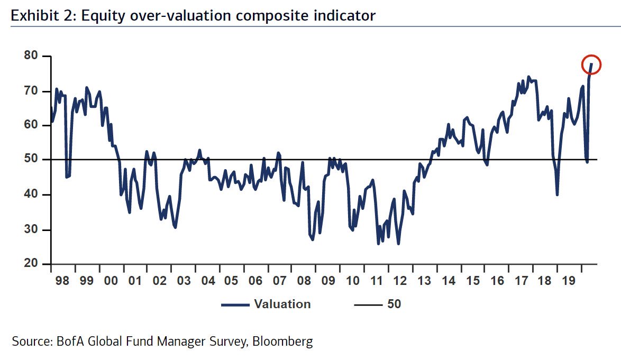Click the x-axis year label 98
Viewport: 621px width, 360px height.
point(62,280)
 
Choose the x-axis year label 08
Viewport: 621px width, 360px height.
point(304,280)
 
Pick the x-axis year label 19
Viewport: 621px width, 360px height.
point(569,280)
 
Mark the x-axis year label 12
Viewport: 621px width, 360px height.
point(400,280)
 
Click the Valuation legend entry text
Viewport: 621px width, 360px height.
point(282,304)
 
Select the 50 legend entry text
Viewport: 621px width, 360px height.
point(394,304)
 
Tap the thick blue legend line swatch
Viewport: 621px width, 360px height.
point(235,304)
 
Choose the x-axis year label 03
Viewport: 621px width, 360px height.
point(183,280)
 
